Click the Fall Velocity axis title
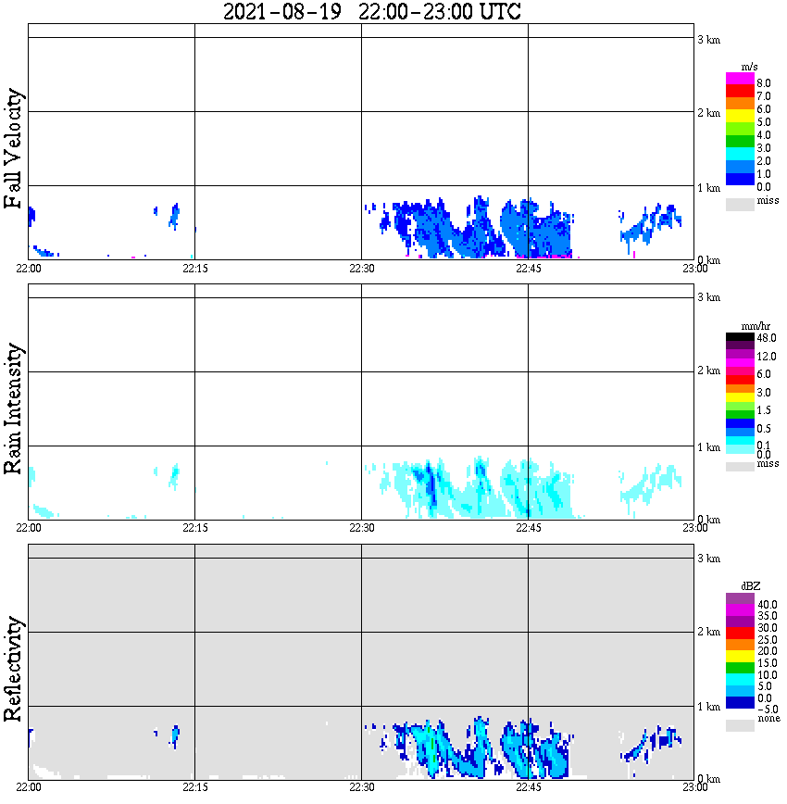point(13,149)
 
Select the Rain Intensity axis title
point(13,408)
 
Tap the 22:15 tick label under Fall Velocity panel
point(194,268)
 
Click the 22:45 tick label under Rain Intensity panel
point(528,527)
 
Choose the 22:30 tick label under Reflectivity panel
point(361,786)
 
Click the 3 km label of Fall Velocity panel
point(708,39)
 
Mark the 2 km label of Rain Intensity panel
point(708,371)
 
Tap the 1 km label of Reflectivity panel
point(708,707)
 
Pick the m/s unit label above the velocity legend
point(750,67)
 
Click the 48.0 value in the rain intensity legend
point(765,338)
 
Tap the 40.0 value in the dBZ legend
point(767,604)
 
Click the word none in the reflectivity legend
point(768,719)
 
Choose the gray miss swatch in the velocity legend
point(740,204)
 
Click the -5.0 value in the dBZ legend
point(767,709)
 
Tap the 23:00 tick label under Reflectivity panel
point(694,786)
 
